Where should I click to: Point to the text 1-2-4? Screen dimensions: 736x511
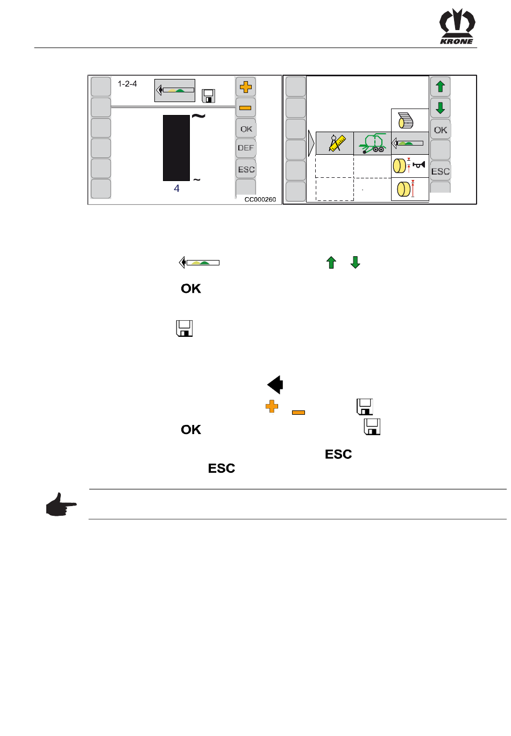127,84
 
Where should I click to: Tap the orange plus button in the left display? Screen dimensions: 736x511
246,86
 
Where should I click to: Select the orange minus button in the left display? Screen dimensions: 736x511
245,108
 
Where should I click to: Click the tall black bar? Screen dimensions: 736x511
176,148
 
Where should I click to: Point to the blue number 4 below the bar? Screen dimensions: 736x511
176,189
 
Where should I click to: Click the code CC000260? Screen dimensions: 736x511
260,199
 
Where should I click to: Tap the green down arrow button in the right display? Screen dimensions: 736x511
441,108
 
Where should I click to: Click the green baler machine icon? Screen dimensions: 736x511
372,143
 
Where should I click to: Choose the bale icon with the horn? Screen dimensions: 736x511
409,166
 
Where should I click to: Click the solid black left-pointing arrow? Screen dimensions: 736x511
275,385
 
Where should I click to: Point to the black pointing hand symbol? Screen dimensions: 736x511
61,504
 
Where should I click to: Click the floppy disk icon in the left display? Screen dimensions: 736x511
208,96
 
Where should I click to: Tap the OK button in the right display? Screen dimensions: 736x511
441,130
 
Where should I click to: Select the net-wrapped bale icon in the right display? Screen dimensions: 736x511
406,120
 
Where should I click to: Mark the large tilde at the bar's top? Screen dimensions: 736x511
198,116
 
